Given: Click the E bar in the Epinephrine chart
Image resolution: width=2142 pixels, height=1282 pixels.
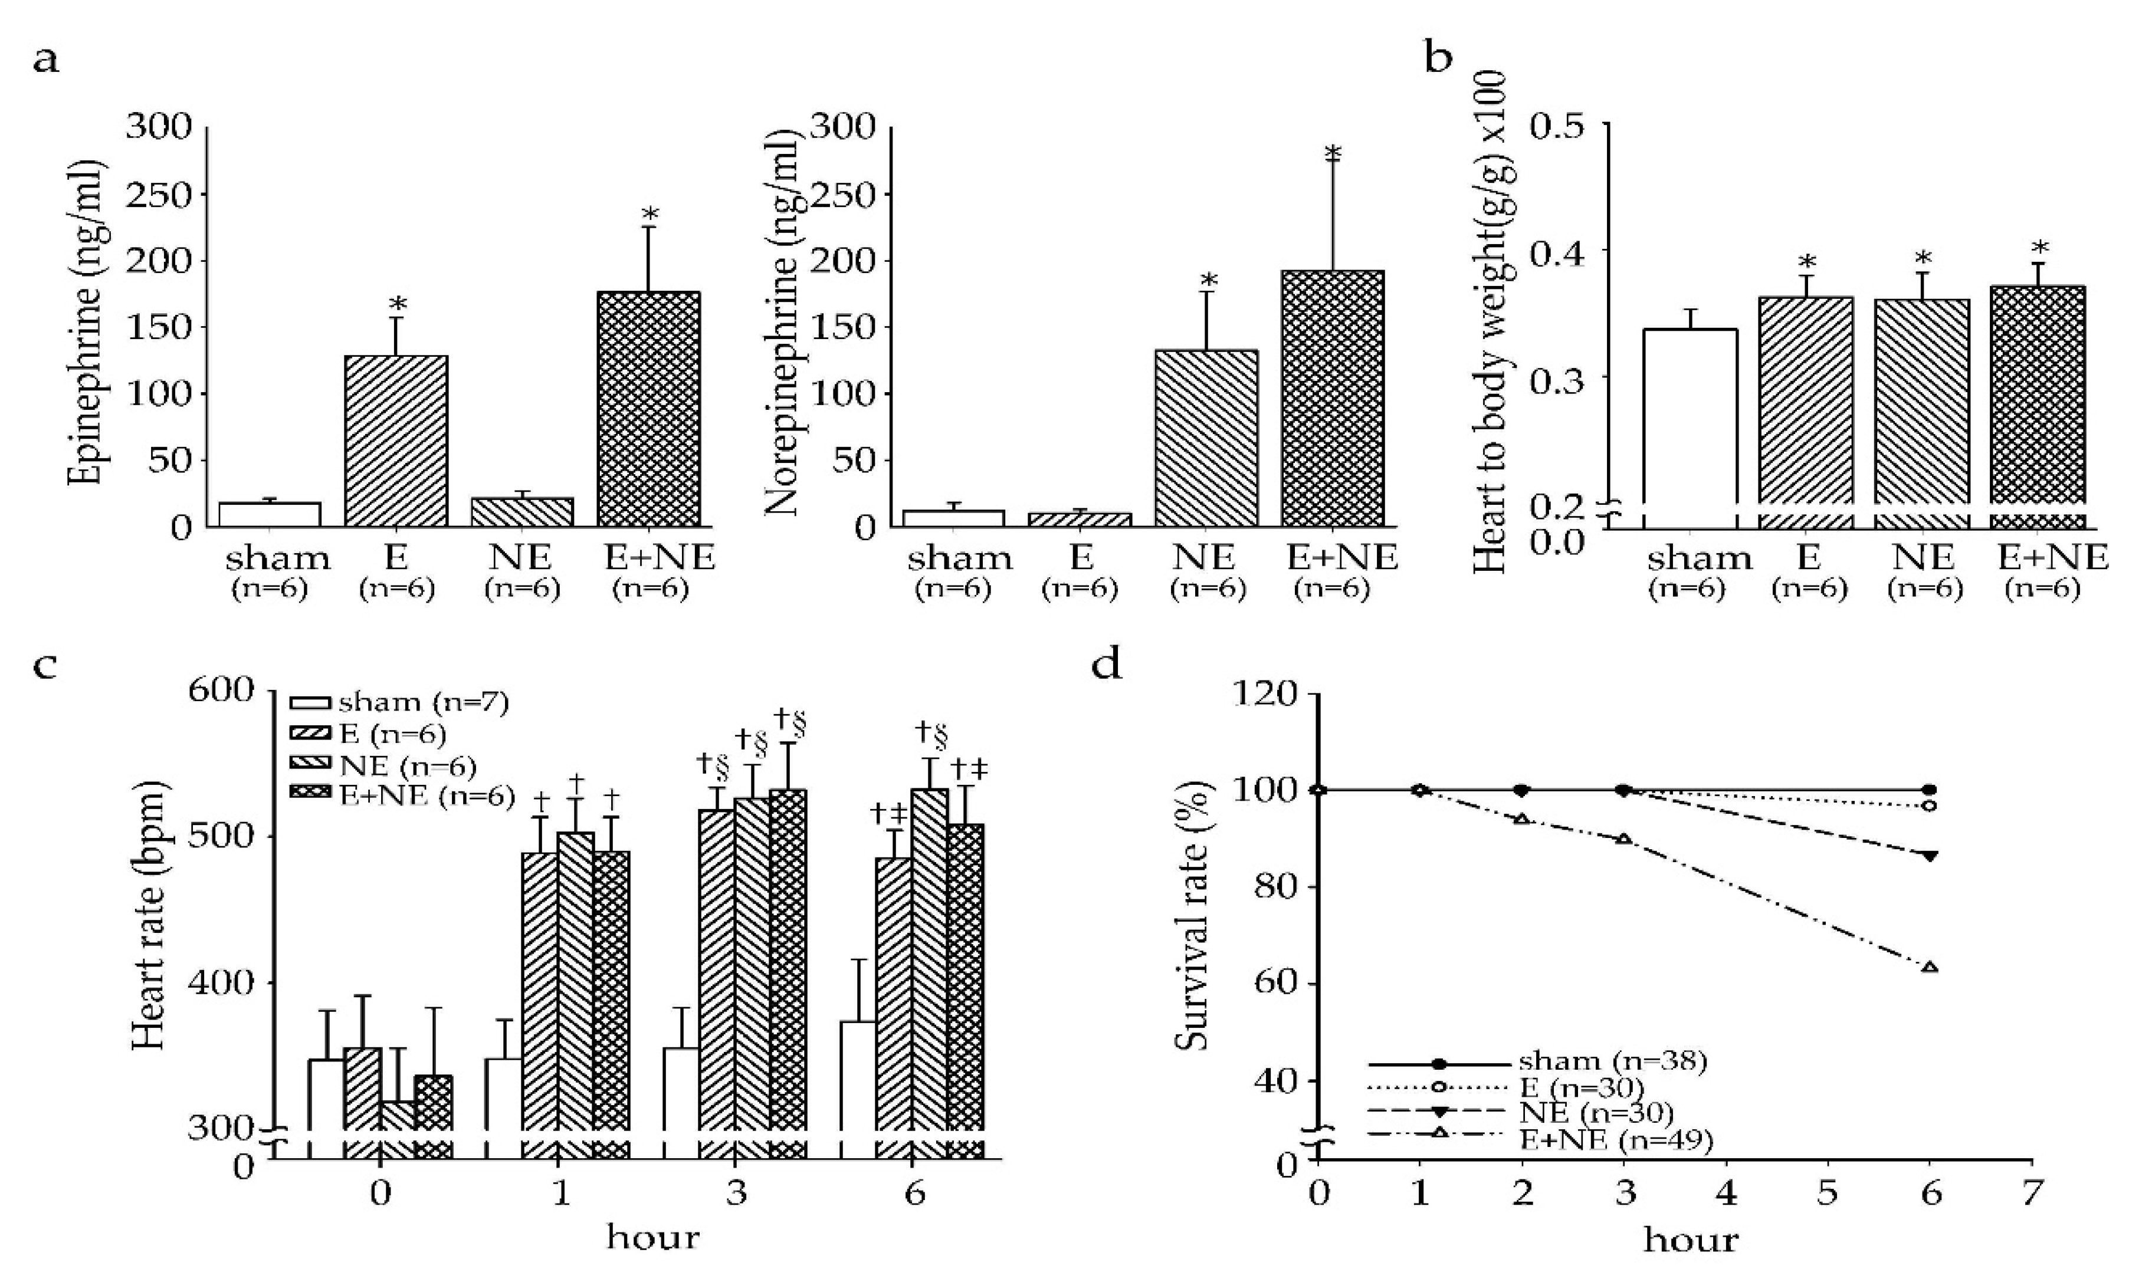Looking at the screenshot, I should [x=396, y=441].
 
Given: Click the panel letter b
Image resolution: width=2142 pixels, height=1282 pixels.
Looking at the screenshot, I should [x=1438, y=59].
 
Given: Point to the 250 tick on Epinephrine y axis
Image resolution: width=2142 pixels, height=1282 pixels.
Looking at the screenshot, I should [x=159, y=195].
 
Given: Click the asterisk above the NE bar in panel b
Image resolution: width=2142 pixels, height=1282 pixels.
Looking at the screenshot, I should [x=1923, y=259].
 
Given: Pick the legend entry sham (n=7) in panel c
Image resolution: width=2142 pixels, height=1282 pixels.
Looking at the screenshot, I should [x=400, y=702].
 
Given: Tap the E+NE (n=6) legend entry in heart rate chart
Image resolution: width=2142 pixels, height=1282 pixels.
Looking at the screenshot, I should [x=403, y=796].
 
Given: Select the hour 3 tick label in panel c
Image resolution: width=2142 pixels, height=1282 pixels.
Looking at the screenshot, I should [x=736, y=1194].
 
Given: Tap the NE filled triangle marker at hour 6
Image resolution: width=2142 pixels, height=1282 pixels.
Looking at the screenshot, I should [x=1930, y=855].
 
